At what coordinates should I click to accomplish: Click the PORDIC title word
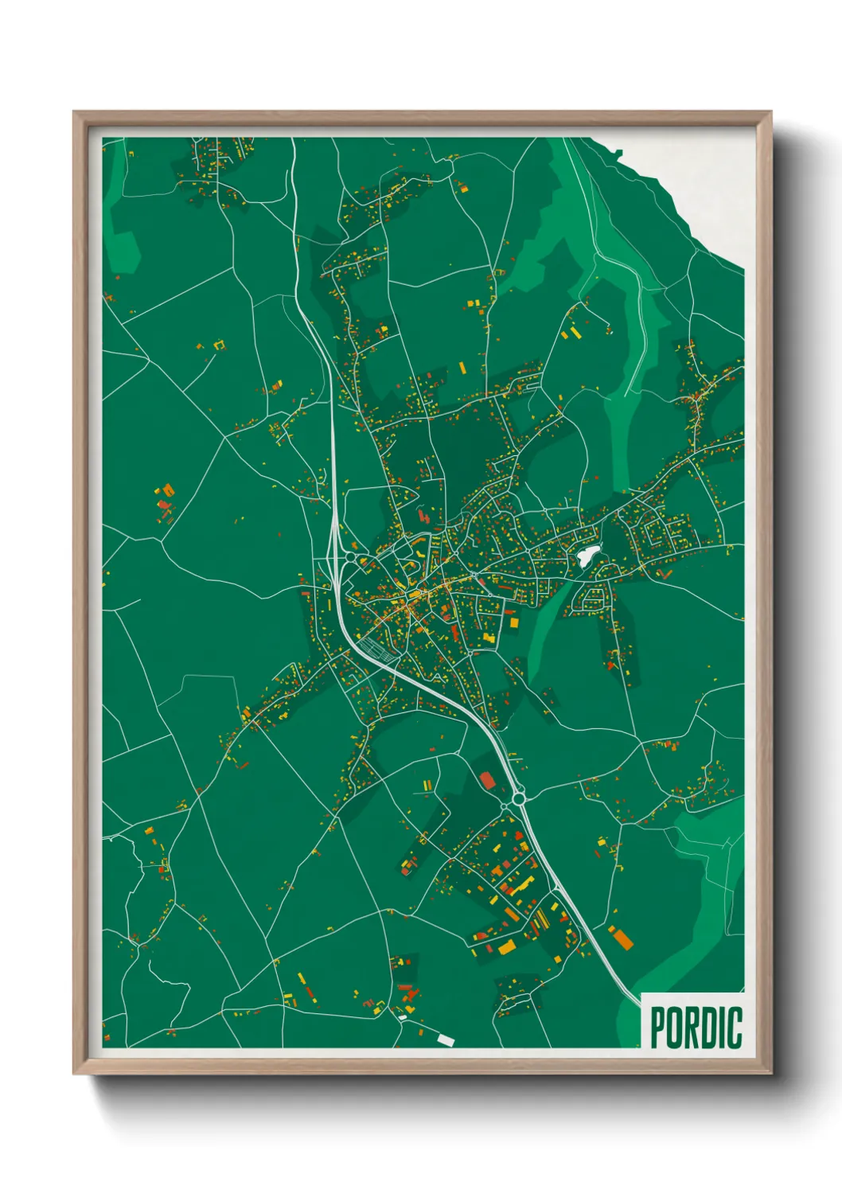(x=696, y=1027)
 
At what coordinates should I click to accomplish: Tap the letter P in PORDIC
(x=659, y=1027)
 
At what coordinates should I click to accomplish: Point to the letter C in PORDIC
(x=735, y=1027)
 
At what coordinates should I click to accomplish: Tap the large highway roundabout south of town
(x=519, y=797)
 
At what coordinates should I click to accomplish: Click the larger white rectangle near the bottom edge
(x=445, y=1039)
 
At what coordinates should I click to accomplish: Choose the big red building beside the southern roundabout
(x=487, y=779)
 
